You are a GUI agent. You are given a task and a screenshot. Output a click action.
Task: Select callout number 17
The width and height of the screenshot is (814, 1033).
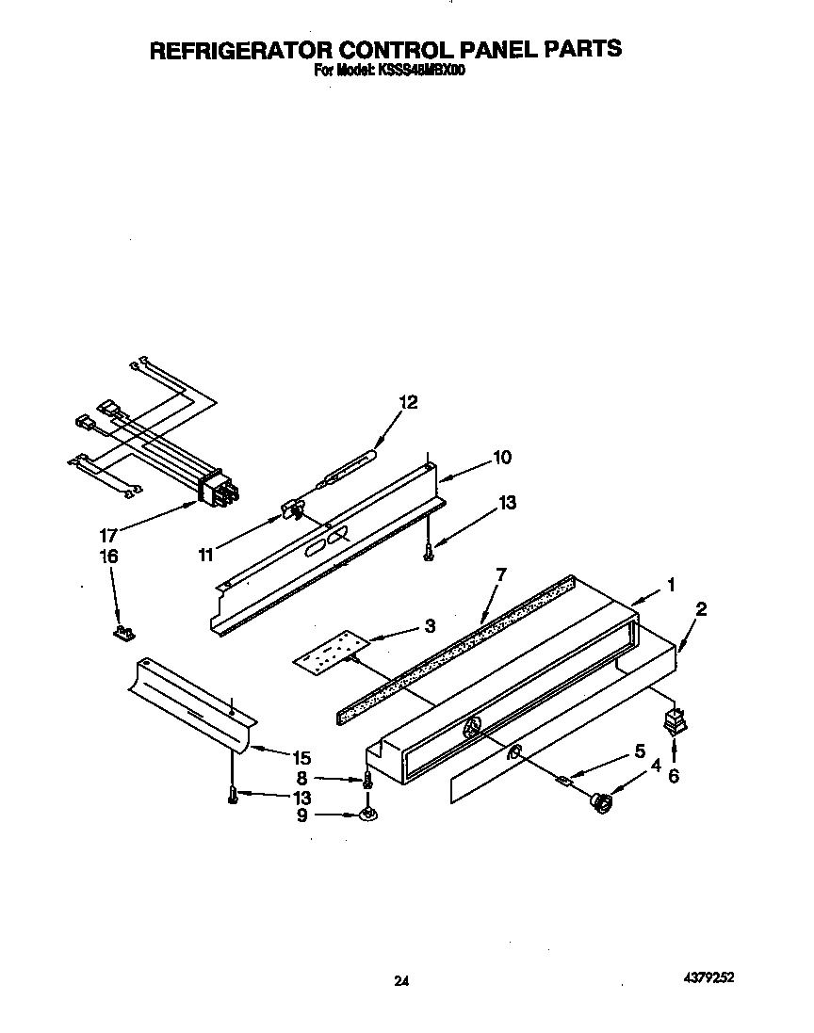click(108, 534)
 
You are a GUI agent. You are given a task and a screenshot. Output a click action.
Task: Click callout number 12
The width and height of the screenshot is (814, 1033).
click(407, 401)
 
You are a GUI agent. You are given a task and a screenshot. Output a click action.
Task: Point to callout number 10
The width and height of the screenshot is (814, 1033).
click(501, 458)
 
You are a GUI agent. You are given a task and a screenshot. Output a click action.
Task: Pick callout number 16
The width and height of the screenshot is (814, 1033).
click(108, 556)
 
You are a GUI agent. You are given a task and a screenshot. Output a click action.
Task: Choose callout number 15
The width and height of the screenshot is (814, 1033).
click(301, 756)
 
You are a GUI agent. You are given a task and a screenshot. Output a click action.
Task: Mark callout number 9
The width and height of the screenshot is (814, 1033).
click(302, 815)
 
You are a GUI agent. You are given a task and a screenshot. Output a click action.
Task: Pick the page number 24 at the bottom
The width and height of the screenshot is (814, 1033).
click(401, 981)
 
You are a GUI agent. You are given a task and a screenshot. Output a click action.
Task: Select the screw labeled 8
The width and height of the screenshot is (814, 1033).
click(367, 779)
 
